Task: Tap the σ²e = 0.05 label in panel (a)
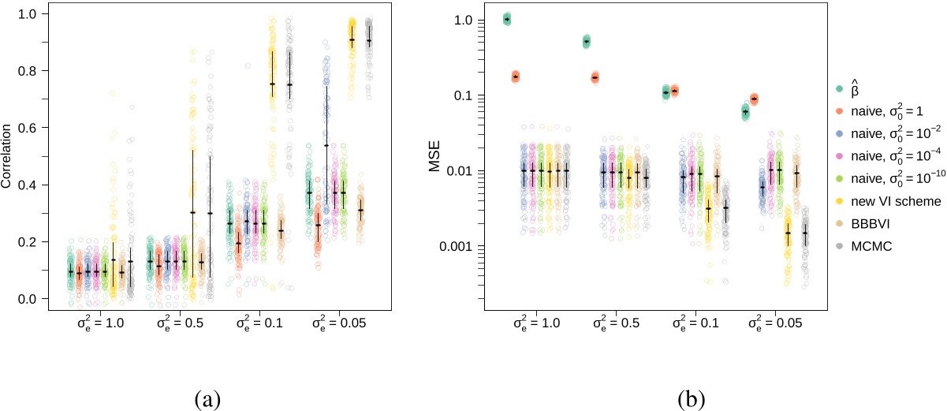pyautogui.click(x=340, y=324)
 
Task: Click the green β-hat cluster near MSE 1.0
pyautogui.click(x=507, y=19)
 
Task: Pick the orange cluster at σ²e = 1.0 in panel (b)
pyautogui.click(x=516, y=77)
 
